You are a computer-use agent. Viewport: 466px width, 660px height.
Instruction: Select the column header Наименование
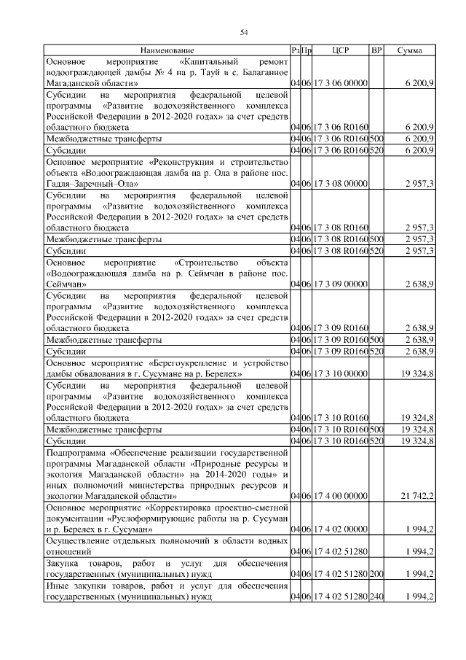[167, 50]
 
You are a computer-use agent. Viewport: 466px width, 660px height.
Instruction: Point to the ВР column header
[376, 50]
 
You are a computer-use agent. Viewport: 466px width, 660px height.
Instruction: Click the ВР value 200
[376, 574]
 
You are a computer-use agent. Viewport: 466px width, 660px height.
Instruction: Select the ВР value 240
[376, 597]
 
